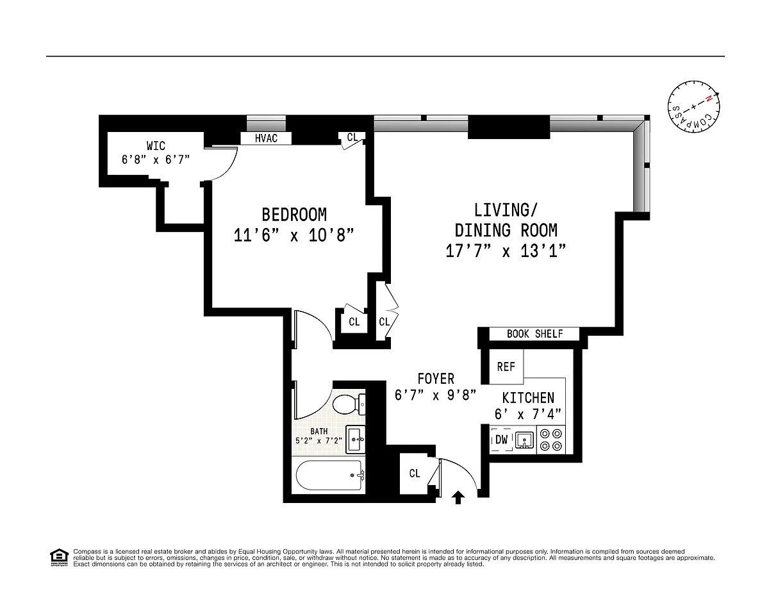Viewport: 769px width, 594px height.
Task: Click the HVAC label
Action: pos(266,138)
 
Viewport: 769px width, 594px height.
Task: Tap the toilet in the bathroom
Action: pos(349,404)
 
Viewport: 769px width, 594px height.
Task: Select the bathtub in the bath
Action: pos(330,475)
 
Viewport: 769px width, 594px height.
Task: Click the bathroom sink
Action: pos(355,440)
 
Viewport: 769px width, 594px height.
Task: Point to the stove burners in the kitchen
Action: pos(551,440)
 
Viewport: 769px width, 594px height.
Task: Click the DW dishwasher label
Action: pos(502,440)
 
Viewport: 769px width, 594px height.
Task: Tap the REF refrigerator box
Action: pos(506,367)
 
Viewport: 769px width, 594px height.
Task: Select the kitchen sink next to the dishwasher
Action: pos(524,440)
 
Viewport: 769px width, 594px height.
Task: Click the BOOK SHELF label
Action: pos(534,334)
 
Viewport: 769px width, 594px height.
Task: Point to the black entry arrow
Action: pos(458,497)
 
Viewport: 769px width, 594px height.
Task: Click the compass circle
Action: pos(693,106)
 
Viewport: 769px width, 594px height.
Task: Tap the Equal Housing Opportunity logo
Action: pos(59,557)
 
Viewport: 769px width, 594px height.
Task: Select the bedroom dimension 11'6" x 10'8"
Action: pos(294,235)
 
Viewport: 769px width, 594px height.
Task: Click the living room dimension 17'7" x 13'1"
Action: pos(506,251)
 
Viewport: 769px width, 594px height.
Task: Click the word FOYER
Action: pos(436,379)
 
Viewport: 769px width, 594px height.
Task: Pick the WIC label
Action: pos(156,145)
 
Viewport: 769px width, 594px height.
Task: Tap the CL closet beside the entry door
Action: pos(415,474)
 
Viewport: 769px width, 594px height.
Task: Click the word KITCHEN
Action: pos(528,398)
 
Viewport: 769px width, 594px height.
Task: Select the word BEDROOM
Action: pos(294,215)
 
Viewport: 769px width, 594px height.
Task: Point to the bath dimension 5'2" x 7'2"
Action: pos(319,440)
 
